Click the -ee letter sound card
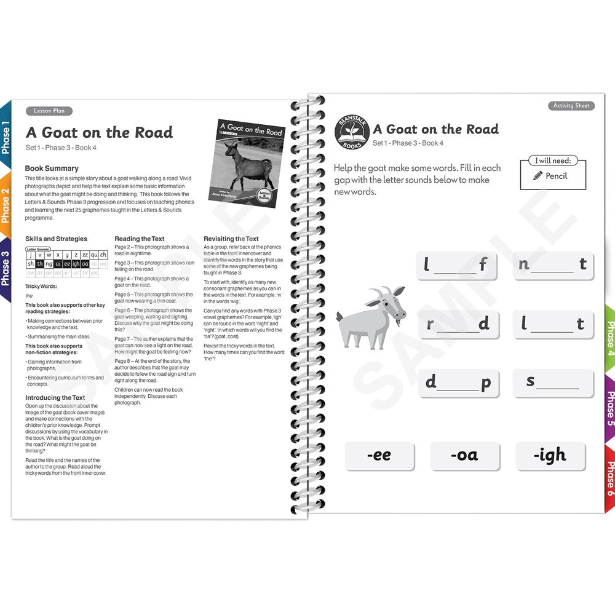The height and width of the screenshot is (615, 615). [x=379, y=456]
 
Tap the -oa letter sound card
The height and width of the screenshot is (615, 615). [x=464, y=456]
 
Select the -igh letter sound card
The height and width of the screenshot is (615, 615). [x=550, y=456]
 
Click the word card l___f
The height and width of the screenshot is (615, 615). [x=456, y=266]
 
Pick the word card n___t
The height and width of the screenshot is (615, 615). [x=553, y=266]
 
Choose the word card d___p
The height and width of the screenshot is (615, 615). [x=458, y=383]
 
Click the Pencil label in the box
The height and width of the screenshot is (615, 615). [x=552, y=176]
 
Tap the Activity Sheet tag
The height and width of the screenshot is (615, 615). [x=571, y=106]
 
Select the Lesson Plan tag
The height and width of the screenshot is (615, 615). [x=49, y=111]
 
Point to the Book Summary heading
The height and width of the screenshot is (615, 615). [x=52, y=168]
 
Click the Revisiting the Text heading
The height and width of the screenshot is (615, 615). [x=231, y=239]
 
